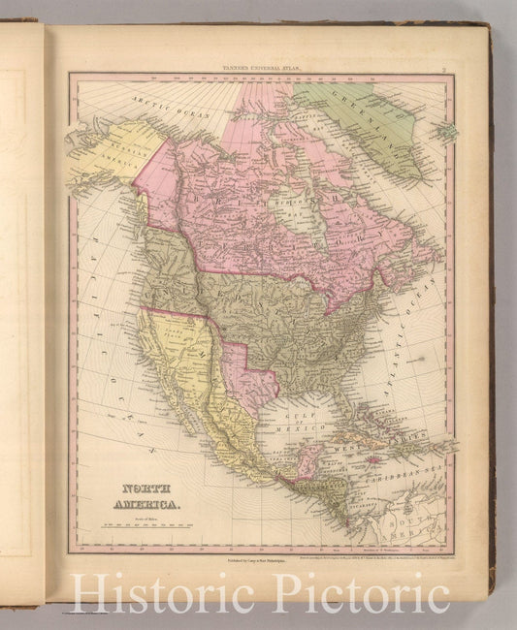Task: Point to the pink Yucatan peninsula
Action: [x=308, y=456]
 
